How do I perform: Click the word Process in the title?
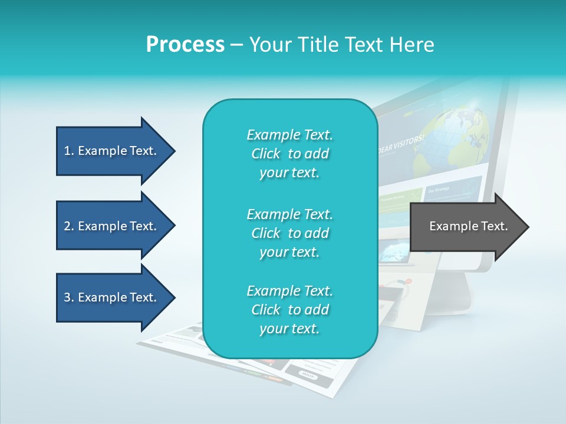185,45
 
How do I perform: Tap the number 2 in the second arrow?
67,226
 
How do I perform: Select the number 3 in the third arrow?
67,297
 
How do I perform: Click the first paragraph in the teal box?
289,154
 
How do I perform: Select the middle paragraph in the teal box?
289,233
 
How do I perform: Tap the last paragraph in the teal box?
289,310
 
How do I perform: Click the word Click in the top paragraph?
266,154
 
